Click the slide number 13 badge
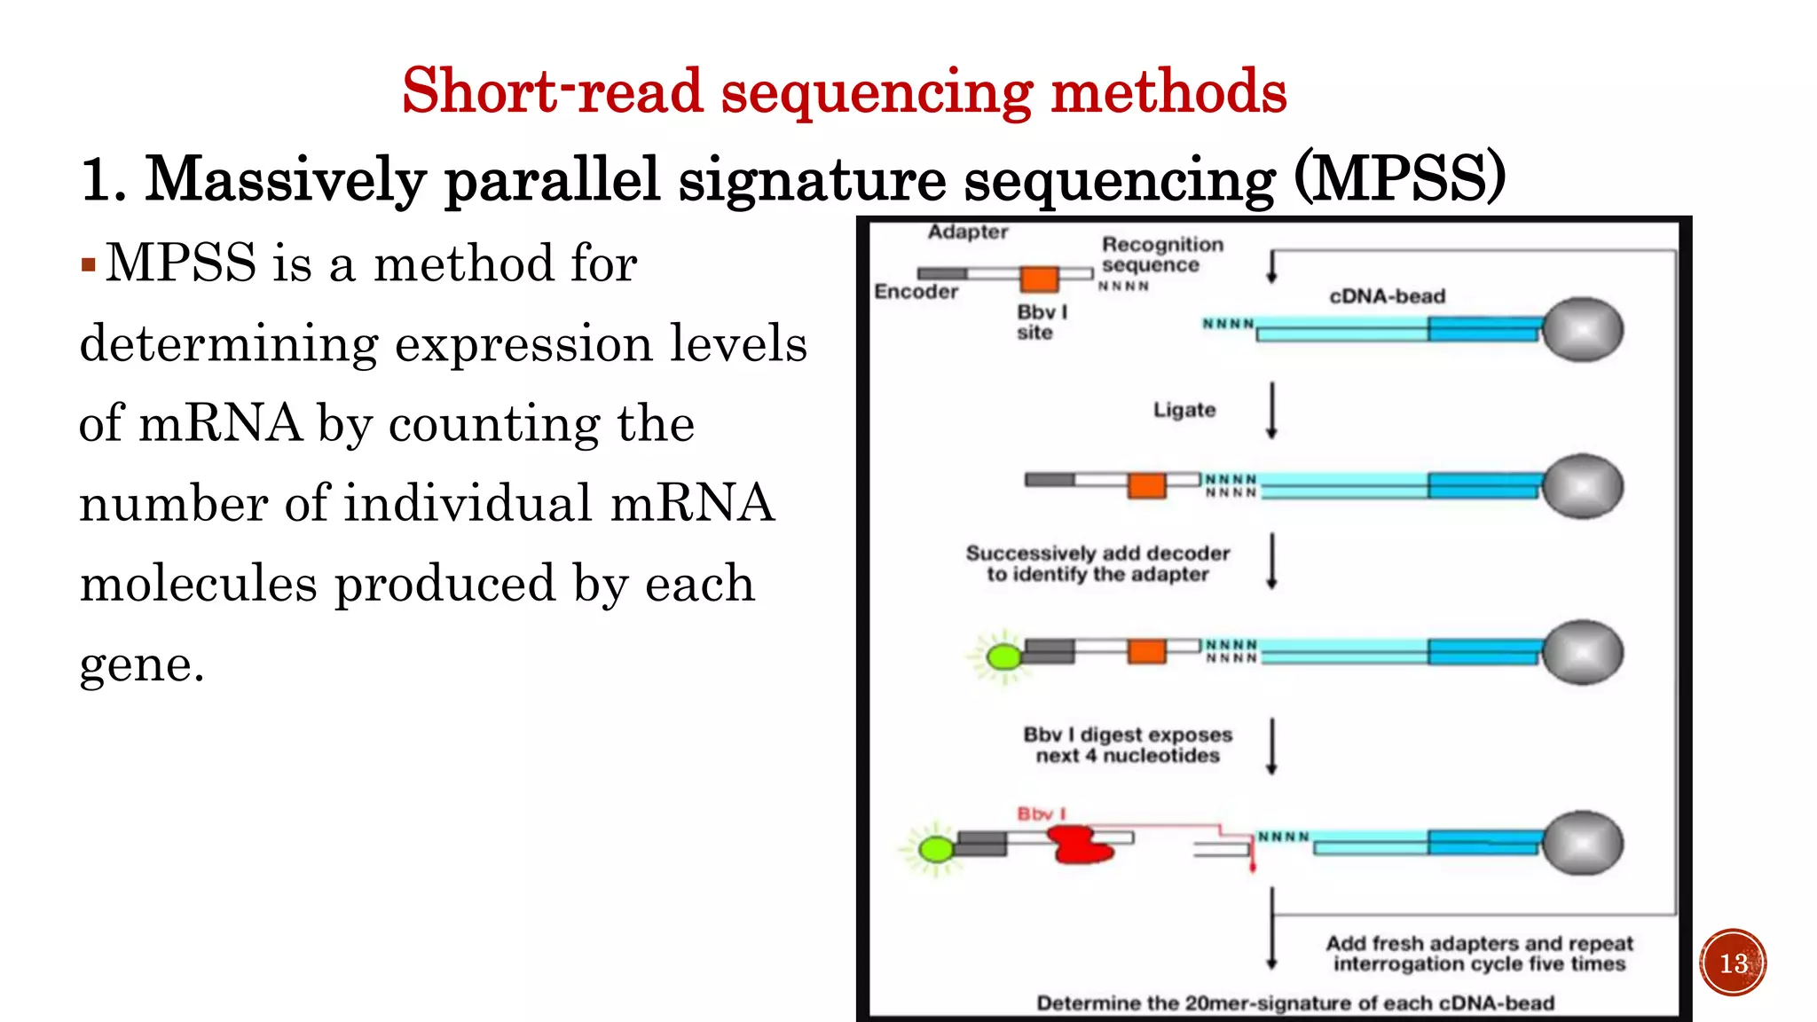(x=1733, y=963)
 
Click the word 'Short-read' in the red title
(x=552, y=91)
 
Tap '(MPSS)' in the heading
(x=1399, y=179)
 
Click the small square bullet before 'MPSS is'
(x=88, y=264)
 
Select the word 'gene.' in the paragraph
(x=142, y=664)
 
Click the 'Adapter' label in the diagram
(x=968, y=232)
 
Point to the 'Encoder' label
(x=916, y=292)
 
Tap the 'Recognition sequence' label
(x=1161, y=255)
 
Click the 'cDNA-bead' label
(x=1387, y=296)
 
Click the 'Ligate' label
(x=1184, y=410)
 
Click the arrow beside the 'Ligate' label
(x=1271, y=410)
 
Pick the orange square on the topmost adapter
(x=1039, y=279)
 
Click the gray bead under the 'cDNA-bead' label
(x=1583, y=330)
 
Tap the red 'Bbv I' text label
(x=1041, y=814)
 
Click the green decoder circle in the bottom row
(x=935, y=850)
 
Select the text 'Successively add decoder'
(x=1097, y=554)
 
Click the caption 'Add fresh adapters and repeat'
(x=1479, y=943)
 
